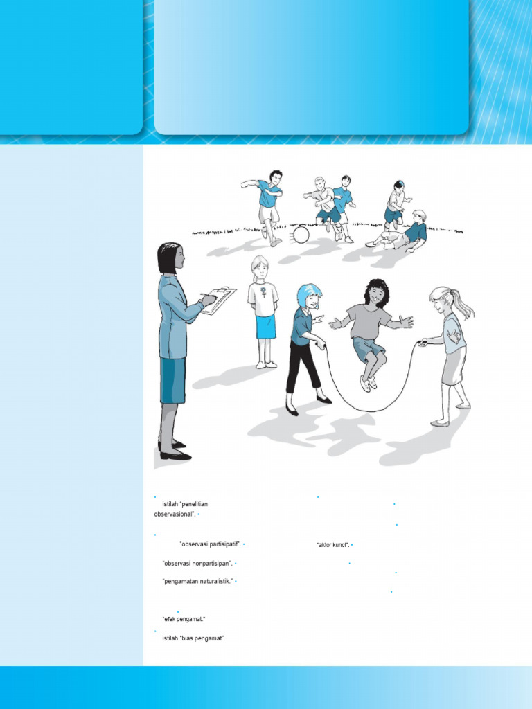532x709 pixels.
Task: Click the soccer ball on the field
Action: [301, 235]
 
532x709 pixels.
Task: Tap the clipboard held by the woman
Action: [220, 300]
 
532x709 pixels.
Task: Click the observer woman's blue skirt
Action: [172, 380]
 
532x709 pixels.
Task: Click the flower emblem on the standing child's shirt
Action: [263, 294]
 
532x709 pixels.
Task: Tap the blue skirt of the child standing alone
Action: [266, 326]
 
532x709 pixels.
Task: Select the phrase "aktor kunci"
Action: [332, 545]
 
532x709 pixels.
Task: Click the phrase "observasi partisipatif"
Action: [210, 545]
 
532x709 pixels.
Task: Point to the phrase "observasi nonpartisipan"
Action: [197, 564]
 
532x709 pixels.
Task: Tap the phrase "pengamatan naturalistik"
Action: [197, 581]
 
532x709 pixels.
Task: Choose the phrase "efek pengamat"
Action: [184, 618]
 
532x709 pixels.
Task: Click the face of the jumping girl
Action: [375, 294]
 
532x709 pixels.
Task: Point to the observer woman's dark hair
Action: [167, 256]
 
